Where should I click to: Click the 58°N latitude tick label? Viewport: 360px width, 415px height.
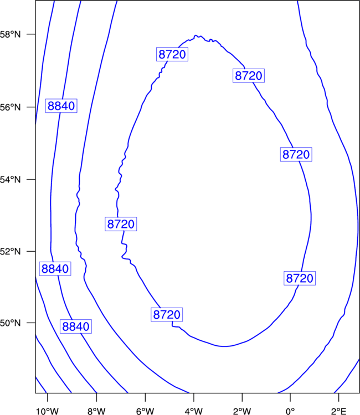[10, 34]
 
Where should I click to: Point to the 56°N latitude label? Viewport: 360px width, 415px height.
[10, 107]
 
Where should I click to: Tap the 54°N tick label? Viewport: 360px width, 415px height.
[10, 180]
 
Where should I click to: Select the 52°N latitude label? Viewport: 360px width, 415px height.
[10, 251]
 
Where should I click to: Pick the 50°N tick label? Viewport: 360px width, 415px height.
[10, 323]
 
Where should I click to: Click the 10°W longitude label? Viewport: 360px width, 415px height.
[48, 411]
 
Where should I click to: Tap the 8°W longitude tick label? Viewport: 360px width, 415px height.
[96, 411]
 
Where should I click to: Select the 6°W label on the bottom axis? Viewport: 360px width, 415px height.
[145, 411]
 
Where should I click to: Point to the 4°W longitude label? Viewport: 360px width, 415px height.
[194, 411]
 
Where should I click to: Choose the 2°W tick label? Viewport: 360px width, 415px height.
[242, 411]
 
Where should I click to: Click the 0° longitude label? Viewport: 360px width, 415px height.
[290, 411]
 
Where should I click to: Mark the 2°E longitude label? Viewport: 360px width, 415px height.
[339, 411]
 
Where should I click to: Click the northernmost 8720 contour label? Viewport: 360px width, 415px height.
[172, 54]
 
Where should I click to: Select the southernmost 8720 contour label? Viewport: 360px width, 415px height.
[167, 314]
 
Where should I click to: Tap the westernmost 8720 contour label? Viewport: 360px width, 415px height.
[121, 224]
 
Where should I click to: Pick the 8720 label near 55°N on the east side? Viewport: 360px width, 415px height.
[296, 154]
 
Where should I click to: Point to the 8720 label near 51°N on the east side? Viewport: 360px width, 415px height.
[300, 278]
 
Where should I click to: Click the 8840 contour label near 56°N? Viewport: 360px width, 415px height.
[61, 106]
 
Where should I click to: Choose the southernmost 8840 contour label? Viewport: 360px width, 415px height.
[76, 326]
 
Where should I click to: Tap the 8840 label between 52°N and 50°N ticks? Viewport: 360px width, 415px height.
[55, 268]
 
